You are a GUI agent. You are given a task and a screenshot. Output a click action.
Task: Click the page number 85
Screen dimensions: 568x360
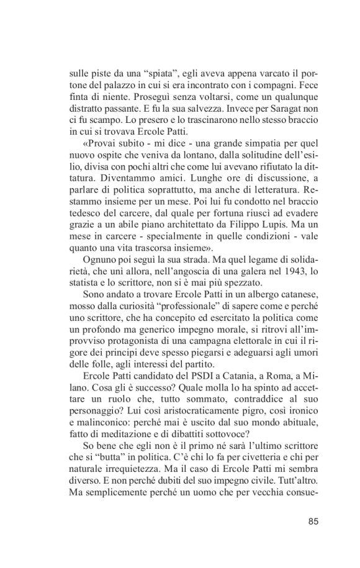tap(312, 521)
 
